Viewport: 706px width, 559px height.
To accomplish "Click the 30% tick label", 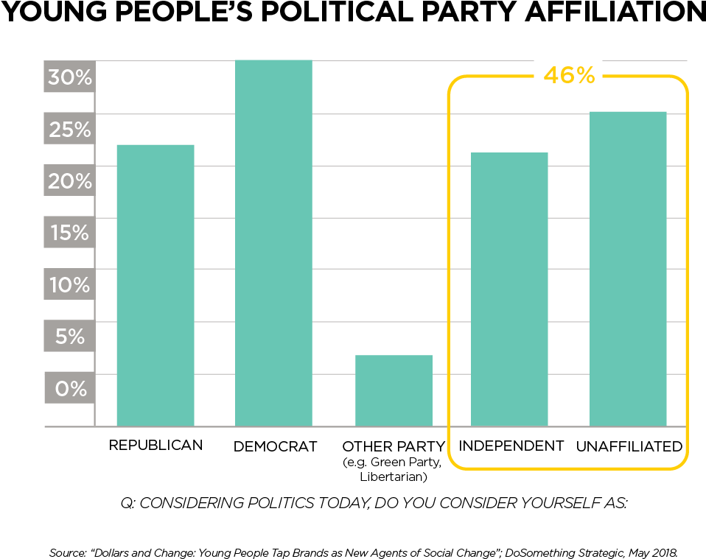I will [70, 77].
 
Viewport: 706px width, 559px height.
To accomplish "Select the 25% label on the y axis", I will [70, 130].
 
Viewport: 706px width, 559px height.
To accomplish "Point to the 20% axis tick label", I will [70, 181].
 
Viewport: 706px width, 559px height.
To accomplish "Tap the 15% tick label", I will [70, 233].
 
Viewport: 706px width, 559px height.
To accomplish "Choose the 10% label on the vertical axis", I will [70, 285].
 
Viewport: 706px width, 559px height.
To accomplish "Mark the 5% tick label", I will [70, 337].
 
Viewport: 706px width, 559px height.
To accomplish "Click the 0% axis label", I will [70, 388].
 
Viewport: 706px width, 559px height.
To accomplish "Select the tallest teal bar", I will [273, 243].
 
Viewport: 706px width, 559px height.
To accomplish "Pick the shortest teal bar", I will [394, 390].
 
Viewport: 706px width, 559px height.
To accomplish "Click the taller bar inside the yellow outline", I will [628, 269].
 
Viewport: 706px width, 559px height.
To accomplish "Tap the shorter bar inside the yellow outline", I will [509, 289].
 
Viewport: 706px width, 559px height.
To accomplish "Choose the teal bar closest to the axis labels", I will [155, 285].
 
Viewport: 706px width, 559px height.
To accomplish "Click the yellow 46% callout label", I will [568, 76].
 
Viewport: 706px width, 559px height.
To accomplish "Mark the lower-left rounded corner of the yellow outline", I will [453, 463].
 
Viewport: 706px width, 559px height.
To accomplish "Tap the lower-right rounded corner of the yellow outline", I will [682, 463].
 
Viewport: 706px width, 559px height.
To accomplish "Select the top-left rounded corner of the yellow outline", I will [453, 81].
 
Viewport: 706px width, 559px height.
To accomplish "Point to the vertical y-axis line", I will [95, 243].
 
